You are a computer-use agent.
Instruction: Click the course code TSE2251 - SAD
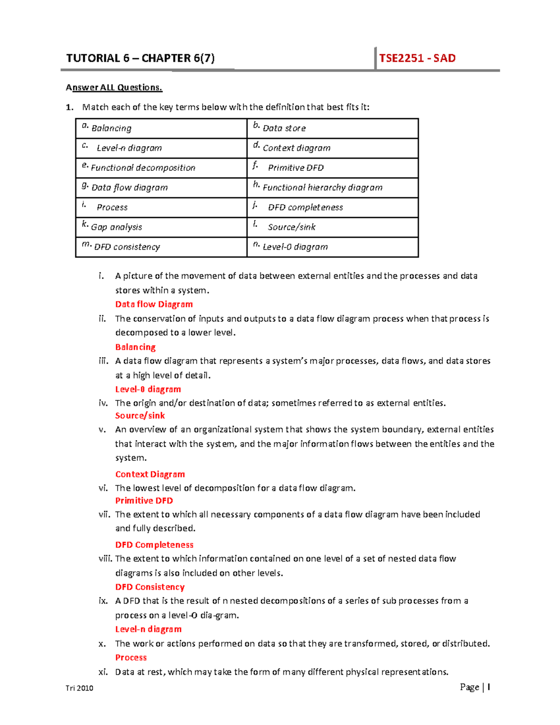pyautogui.click(x=417, y=58)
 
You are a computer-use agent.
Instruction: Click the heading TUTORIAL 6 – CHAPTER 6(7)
pyautogui.click(x=140, y=58)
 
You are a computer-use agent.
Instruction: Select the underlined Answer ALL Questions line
pyautogui.click(x=114, y=87)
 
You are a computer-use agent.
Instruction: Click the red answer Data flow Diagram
pyautogui.click(x=154, y=304)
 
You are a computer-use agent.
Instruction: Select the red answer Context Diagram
pyautogui.click(x=150, y=474)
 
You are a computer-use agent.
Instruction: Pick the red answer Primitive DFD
pyautogui.click(x=144, y=500)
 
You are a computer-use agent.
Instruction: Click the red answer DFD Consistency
pyautogui.click(x=150, y=587)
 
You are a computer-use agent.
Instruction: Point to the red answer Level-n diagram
pyautogui.click(x=148, y=629)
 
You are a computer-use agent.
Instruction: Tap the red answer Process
pyautogui.click(x=131, y=657)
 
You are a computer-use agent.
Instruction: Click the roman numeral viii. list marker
pyautogui.click(x=105, y=559)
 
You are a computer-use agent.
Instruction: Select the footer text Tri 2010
pyautogui.click(x=79, y=688)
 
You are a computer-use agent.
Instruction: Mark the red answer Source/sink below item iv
pyautogui.click(x=140, y=415)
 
